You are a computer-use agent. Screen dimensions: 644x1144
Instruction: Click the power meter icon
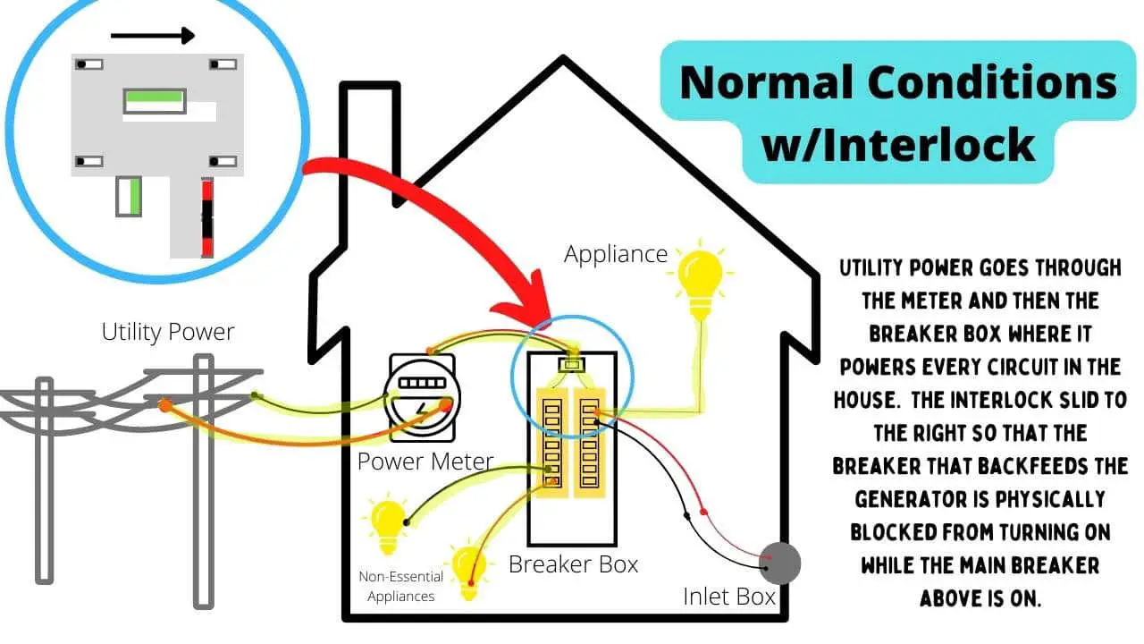419,402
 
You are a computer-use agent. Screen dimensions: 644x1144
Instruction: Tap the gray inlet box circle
778,563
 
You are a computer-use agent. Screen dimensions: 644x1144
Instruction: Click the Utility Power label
168,332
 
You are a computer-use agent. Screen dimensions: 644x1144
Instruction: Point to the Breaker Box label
573,564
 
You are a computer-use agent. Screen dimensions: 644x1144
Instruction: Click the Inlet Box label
729,596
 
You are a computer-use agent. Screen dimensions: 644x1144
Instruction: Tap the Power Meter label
425,462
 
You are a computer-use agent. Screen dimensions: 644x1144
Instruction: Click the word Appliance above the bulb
616,254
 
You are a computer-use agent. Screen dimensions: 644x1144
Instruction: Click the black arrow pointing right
152,36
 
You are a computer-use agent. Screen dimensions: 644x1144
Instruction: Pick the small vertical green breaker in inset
130,196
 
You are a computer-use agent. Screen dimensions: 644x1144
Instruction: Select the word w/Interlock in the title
898,143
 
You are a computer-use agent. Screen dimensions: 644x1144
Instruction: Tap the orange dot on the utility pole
165,405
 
